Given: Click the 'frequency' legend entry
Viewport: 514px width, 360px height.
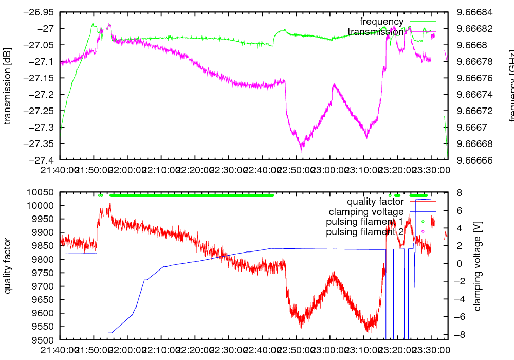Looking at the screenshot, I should pyautogui.click(x=381, y=22).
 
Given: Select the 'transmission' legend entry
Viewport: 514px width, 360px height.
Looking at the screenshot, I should pyautogui.click(x=375, y=32).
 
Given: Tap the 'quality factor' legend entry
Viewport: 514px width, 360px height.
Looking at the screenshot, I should pyautogui.click(x=375, y=202).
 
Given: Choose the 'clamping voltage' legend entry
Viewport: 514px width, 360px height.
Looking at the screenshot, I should pyautogui.click(x=366, y=211).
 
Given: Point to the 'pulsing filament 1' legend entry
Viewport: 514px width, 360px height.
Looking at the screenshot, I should pyautogui.click(x=364, y=222).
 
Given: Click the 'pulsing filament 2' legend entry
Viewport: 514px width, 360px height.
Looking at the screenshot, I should pyautogui.click(x=364, y=231).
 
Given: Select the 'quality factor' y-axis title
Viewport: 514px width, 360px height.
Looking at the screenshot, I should pyautogui.click(x=7, y=266).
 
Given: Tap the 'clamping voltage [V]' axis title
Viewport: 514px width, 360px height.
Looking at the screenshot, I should pyautogui.click(x=477, y=266).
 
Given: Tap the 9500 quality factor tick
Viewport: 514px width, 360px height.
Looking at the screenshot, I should pyautogui.click(x=44, y=340).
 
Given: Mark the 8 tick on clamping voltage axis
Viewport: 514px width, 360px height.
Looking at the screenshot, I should pyautogui.click(x=456, y=192).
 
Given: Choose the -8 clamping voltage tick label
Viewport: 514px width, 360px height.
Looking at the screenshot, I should pyautogui.click(x=458, y=335).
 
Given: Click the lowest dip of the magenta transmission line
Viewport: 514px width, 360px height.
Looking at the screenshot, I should pyautogui.click(x=301, y=151).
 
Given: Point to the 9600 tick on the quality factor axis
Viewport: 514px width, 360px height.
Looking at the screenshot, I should pyautogui.click(x=44, y=313).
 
